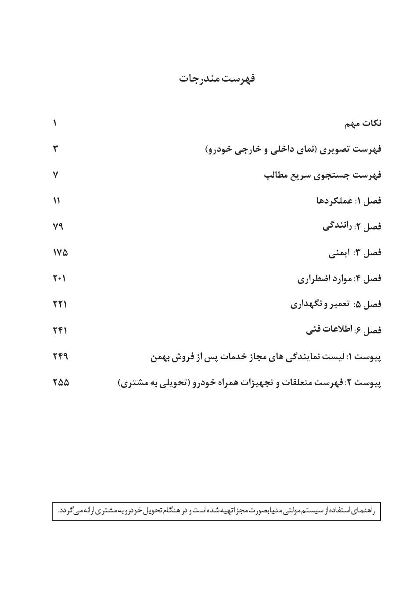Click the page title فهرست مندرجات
pos(217,79)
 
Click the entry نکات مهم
pos(363,124)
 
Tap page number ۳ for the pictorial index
pos(55,149)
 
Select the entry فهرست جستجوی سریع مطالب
pos(323,175)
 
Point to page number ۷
pos(55,175)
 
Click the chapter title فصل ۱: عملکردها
pos(348,201)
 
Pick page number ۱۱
pos(56,201)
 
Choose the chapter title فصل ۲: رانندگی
pos(352,226)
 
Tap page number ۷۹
pos(58,226)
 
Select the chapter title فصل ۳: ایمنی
pos(355,253)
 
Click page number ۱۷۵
pos(60,253)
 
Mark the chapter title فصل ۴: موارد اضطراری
pos(339,279)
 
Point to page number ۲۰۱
pos(59,279)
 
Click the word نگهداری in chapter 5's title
pos(306,304)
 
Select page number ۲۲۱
pos(60,304)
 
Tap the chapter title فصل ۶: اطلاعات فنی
pos(344,330)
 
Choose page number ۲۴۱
pos(60,330)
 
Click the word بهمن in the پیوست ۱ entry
pos(160,357)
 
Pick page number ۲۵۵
pos(61,383)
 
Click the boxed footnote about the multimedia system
pos(216,511)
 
